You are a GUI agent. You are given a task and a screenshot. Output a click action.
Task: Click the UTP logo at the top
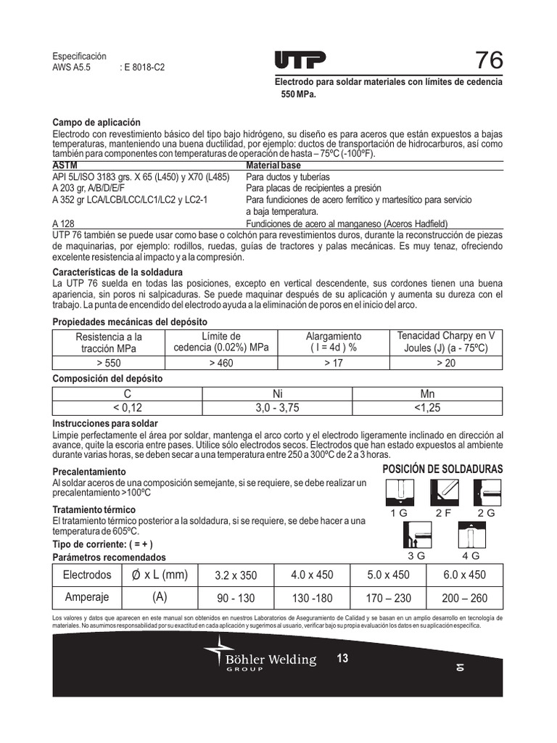[x=300, y=60]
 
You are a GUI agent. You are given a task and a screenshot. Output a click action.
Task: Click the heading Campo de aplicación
[x=96, y=123]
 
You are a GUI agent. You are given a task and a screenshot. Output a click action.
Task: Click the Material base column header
[x=273, y=166]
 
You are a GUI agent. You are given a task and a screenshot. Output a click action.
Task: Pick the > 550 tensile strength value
[x=109, y=363]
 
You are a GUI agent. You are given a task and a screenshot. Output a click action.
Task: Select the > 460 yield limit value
[x=221, y=363]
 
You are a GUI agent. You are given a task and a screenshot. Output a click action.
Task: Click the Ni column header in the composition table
[x=277, y=394]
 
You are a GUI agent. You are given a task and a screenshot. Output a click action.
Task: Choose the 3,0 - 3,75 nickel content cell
[x=277, y=408]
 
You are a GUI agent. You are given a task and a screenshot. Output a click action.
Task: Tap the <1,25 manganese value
[x=427, y=408]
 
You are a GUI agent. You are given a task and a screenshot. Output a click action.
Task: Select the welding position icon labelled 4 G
[x=470, y=538]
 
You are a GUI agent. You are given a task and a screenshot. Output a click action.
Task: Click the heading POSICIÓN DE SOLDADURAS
[x=442, y=469]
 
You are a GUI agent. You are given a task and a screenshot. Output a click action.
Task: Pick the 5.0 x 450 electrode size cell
[x=388, y=575]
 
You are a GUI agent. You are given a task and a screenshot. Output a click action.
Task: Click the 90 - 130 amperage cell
[x=236, y=598]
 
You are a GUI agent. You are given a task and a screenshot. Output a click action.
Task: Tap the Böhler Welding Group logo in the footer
[x=260, y=657]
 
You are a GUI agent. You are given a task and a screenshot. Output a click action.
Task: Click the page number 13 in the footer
[x=342, y=659]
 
